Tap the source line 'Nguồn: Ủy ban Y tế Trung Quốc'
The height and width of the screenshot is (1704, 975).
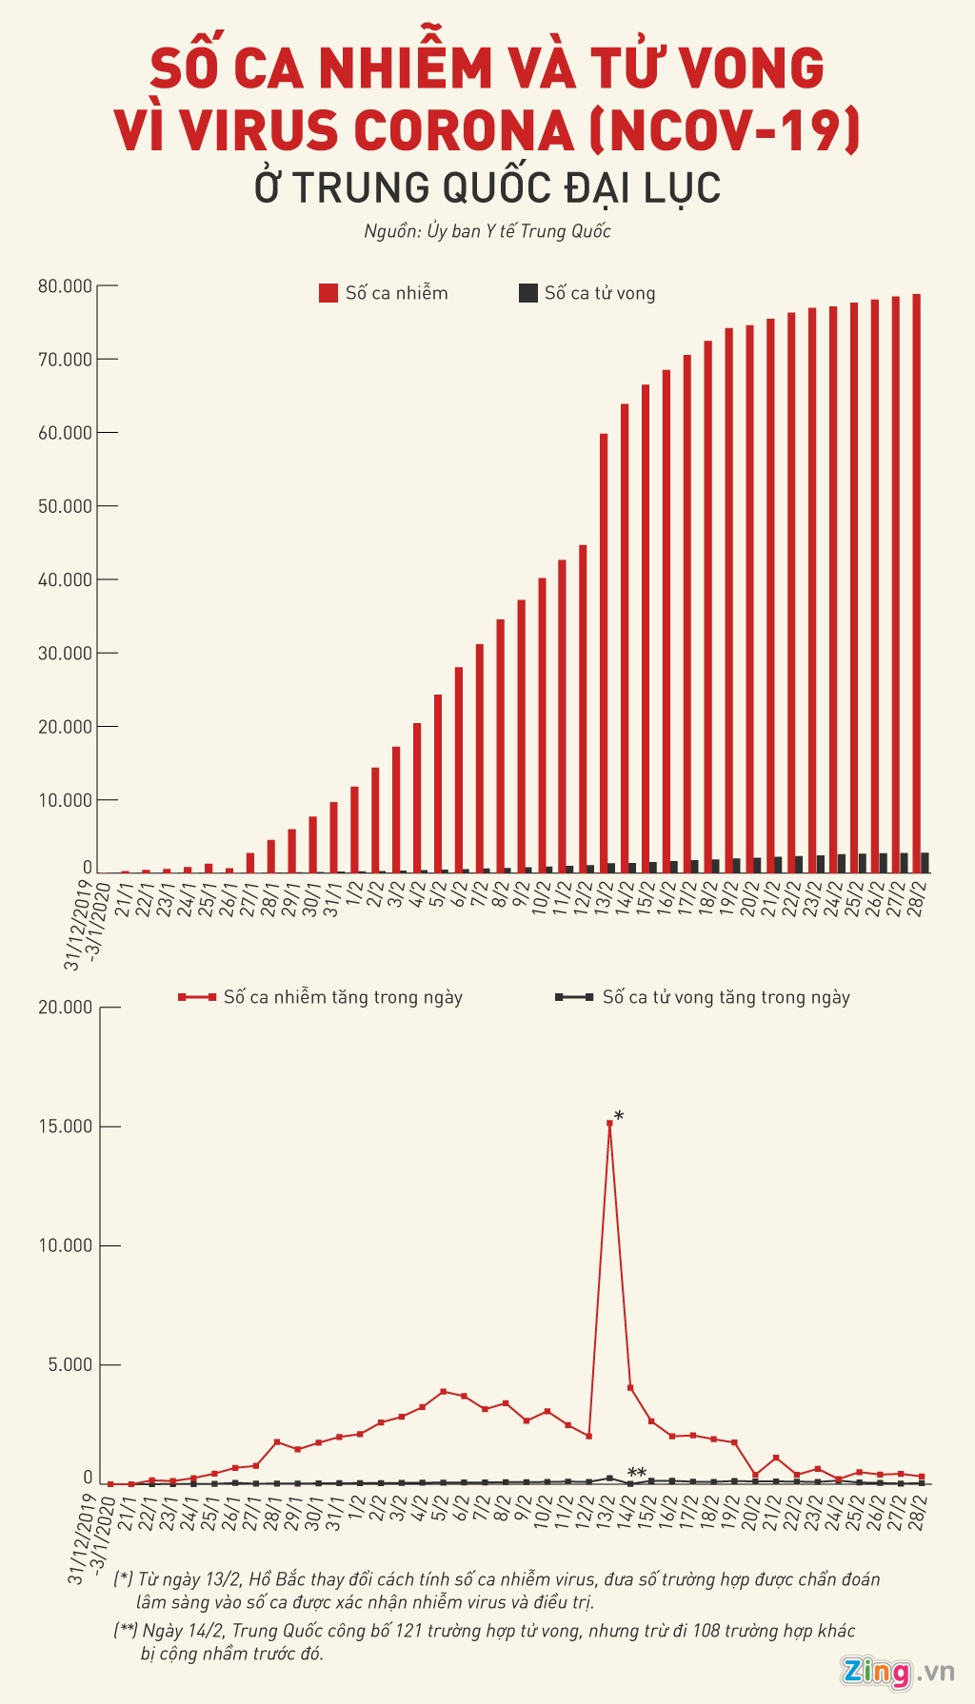[487, 231]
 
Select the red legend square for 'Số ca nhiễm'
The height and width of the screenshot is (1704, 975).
[328, 293]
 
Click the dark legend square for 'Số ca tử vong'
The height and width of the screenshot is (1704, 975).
[527, 293]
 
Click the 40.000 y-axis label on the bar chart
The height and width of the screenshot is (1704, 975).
[66, 579]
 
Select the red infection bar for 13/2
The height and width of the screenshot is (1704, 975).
[604, 652]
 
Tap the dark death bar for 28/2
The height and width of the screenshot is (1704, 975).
[925, 862]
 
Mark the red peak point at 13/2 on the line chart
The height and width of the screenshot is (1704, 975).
[609, 1124]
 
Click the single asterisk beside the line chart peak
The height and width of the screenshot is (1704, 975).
[620, 1116]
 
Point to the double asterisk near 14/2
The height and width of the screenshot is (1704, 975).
[637, 1474]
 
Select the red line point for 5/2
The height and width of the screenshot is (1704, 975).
[443, 1392]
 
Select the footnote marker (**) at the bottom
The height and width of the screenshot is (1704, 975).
[126, 1631]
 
